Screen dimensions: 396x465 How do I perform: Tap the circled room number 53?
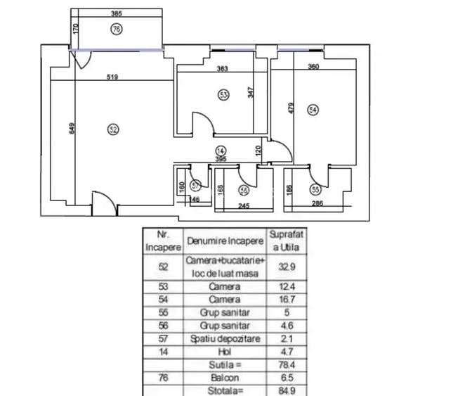coord(223,94)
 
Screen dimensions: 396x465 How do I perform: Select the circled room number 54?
coord(313,109)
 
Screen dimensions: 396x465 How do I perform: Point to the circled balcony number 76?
coord(117,29)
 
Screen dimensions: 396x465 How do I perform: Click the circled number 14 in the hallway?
coord(221,151)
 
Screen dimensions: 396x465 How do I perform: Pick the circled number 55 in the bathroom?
coord(315,189)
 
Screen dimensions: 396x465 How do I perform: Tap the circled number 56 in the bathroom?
coord(244,190)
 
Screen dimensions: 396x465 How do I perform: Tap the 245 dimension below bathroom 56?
coord(244,206)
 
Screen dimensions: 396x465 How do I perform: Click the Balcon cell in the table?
coord(225,376)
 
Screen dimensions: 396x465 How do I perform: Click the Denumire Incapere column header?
coord(225,241)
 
